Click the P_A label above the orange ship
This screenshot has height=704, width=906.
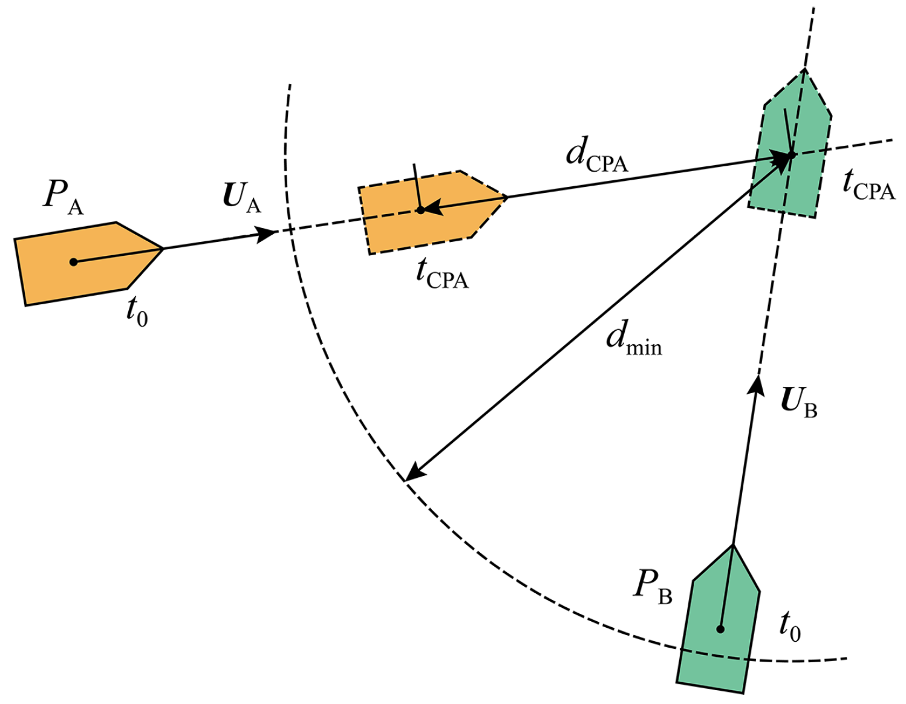click(x=63, y=197)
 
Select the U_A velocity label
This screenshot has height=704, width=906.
click(x=242, y=197)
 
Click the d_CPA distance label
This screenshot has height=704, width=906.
click(x=596, y=155)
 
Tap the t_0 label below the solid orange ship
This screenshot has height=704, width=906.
click(x=137, y=312)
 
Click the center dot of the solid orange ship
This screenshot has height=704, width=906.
click(x=74, y=262)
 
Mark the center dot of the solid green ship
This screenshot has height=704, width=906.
click(x=720, y=629)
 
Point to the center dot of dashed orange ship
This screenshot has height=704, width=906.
click(x=420, y=210)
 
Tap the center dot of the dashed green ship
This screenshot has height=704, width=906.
click(x=791, y=155)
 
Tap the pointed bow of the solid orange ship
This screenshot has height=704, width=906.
click(x=163, y=248)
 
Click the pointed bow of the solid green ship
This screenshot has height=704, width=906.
click(x=733, y=546)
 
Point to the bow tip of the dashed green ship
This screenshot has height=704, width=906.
click(x=804, y=70)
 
